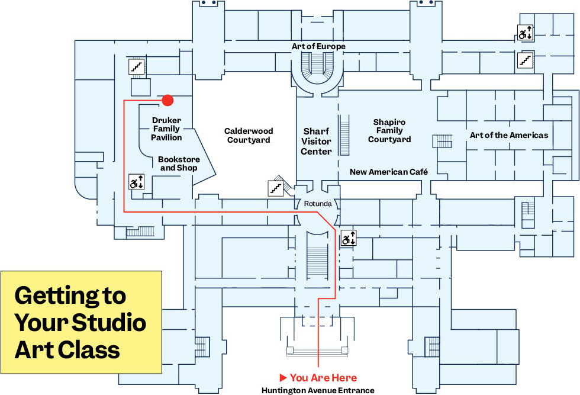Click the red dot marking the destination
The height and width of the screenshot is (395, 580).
[167, 101]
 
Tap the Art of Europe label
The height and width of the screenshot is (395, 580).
[318, 46]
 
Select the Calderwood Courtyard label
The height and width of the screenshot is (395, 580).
[247, 136]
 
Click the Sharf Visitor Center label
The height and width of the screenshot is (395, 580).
[316, 141]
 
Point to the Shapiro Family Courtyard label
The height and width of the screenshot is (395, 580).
[389, 131]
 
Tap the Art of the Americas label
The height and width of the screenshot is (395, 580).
[509, 135]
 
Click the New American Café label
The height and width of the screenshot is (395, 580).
[388, 172]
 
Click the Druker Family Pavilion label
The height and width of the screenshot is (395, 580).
[166, 129]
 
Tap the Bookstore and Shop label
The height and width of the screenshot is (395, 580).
[179, 164]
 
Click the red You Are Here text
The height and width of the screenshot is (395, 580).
[323, 377]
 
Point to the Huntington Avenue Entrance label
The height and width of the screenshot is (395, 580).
[318, 390]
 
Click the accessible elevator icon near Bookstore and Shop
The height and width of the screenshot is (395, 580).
[137, 182]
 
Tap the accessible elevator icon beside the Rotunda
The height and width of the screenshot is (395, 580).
[348, 239]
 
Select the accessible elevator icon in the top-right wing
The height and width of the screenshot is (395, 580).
[526, 33]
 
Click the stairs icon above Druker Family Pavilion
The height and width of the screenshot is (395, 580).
[137, 66]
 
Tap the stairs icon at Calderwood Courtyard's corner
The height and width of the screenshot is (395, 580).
[275, 188]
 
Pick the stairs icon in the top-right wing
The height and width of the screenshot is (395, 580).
[526, 59]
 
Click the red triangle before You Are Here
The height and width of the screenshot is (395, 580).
[283, 377]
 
